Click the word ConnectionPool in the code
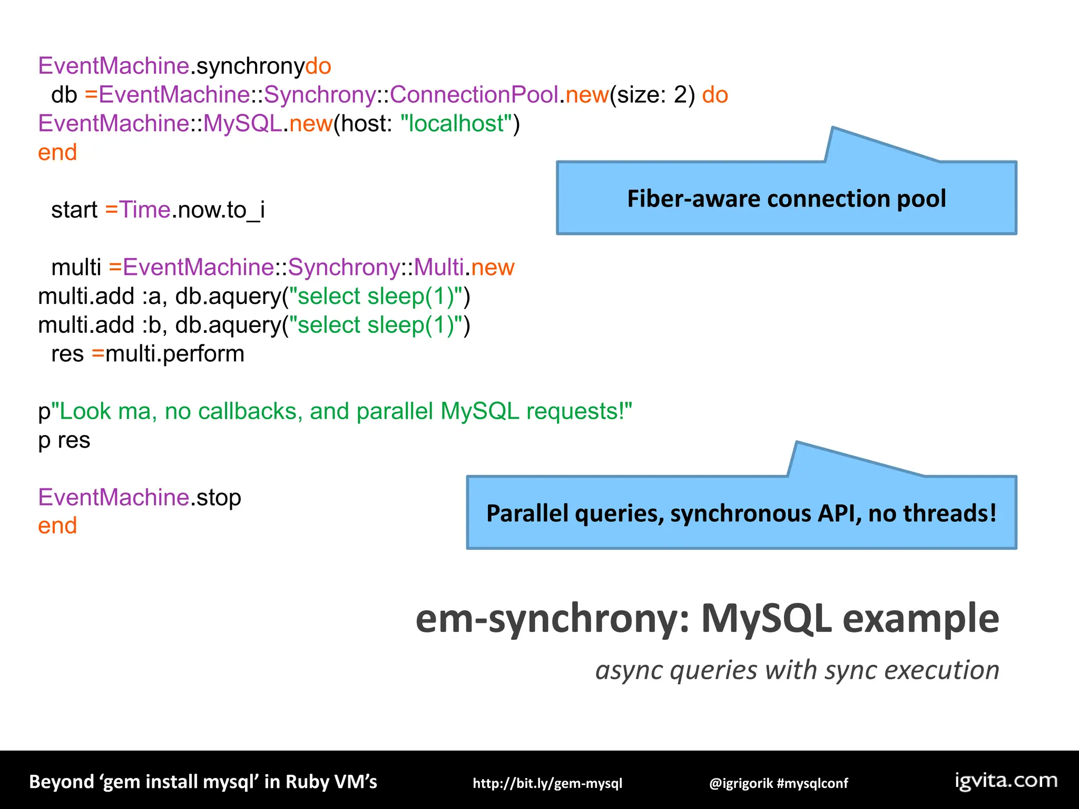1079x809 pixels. tap(474, 95)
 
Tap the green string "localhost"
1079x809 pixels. tap(456, 124)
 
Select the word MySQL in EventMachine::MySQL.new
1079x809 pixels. tap(242, 124)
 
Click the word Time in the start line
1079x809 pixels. tap(145, 210)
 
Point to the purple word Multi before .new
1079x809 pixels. tap(438, 268)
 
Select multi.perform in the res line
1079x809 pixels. tap(175, 354)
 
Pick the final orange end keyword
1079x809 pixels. tap(57, 526)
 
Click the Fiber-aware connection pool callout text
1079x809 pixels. tap(786, 199)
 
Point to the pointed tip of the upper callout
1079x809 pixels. tap(832, 128)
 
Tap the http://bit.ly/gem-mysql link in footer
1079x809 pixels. tap(547, 783)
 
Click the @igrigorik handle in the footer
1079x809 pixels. tap(741, 783)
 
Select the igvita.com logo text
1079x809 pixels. tap(1006, 781)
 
